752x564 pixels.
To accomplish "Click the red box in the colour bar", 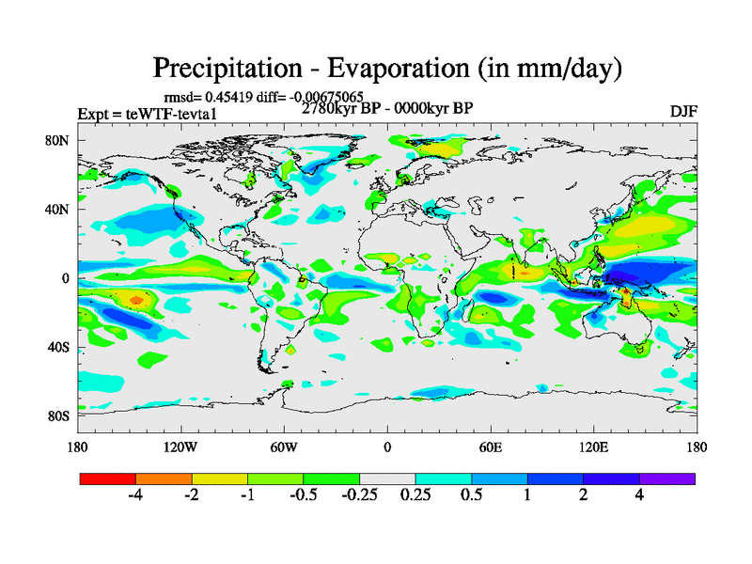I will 108,478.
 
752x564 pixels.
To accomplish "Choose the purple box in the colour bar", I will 667,478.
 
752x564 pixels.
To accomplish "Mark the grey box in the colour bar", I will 387,478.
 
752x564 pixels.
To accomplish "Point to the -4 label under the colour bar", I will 134,495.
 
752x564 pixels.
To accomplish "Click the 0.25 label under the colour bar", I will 415,495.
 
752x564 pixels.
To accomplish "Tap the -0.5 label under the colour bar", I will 302,495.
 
